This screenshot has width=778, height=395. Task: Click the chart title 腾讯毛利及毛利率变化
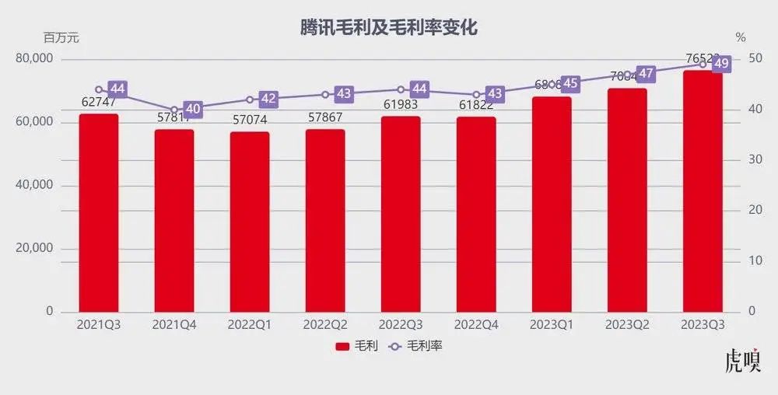[x=389, y=28]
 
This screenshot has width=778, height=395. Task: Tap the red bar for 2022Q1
[x=250, y=222]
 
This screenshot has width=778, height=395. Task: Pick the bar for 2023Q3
[x=703, y=191]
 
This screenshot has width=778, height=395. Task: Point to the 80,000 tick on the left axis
[x=34, y=59]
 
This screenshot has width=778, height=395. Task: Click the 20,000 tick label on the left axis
[x=34, y=248]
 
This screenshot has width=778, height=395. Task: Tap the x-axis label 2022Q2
[x=324, y=324]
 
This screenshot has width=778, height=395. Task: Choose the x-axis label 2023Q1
[x=552, y=324]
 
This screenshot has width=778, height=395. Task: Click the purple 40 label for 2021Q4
[x=193, y=110]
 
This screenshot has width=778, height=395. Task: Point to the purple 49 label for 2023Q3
[x=721, y=64]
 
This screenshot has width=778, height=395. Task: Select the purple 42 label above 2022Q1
[x=268, y=99]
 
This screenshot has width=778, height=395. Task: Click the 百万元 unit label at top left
[x=61, y=37]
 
